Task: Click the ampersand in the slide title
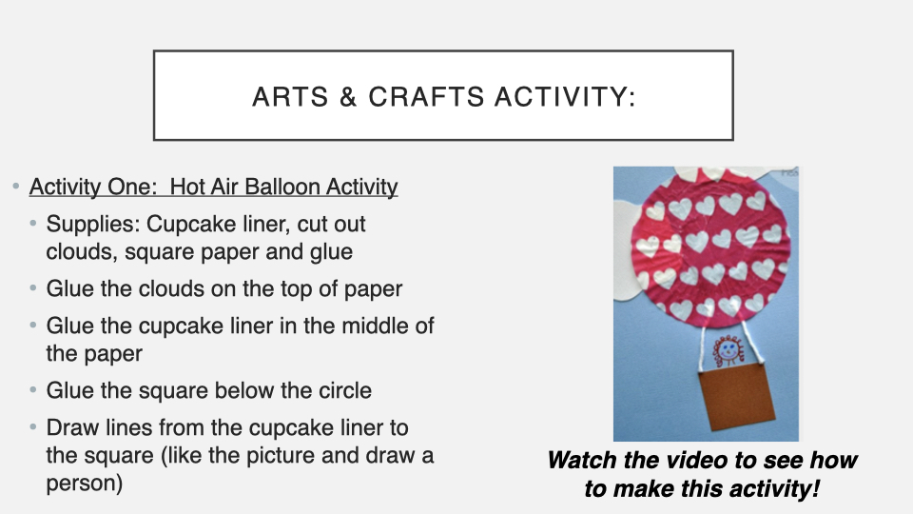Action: pos(348,97)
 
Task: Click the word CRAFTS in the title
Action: pos(426,97)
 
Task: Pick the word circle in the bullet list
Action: pos(344,390)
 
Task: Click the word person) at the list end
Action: pos(85,484)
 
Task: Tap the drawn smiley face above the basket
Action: pos(728,350)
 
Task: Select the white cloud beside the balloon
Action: pos(626,250)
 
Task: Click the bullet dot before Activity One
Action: pos(16,187)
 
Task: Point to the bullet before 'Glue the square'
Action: pos(32,390)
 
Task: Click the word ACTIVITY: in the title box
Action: pos(565,97)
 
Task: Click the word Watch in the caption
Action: pos(582,460)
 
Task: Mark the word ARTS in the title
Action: pos(290,97)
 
